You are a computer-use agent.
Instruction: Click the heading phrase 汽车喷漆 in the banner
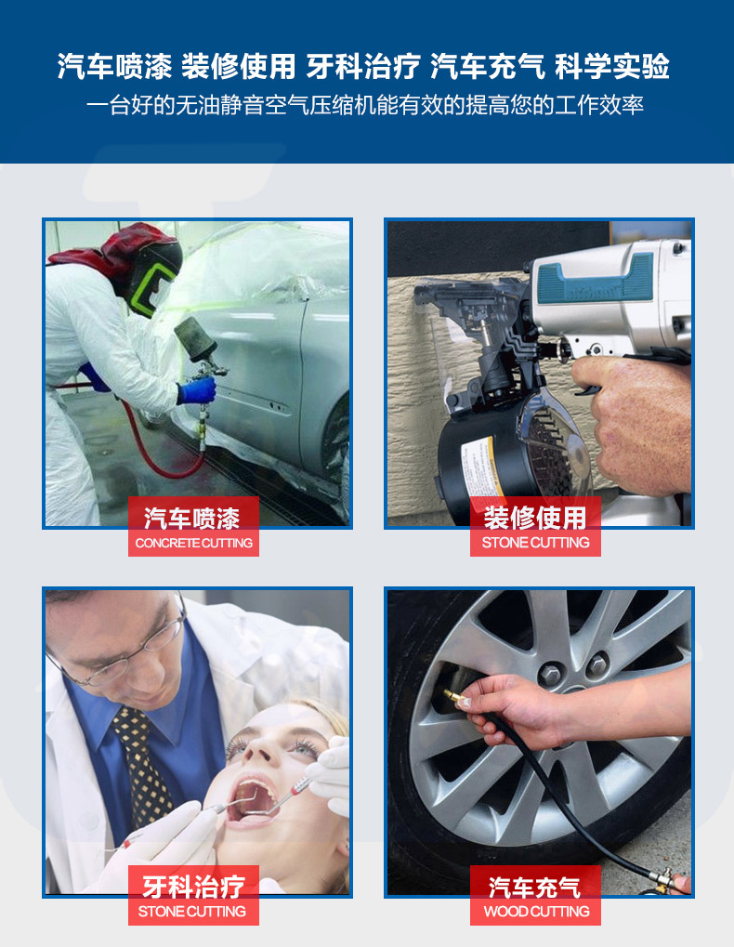[x=114, y=66]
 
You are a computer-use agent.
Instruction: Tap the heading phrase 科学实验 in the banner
[x=612, y=66]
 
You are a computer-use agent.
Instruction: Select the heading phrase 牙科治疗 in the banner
[x=363, y=66]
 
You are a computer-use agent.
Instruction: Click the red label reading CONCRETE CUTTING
[x=194, y=543]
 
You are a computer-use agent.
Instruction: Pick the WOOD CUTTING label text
[x=536, y=912]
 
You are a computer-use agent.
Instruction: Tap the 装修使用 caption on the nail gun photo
[x=535, y=519]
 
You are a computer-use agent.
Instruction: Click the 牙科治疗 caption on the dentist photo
[x=194, y=887]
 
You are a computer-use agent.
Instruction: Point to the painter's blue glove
[x=197, y=390]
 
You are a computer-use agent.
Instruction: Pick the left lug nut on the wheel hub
[x=552, y=674]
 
